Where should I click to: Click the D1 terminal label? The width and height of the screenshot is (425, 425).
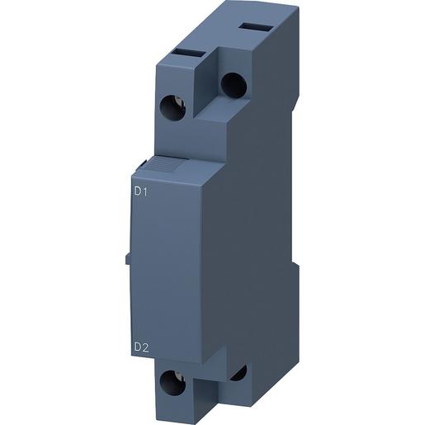point(139,192)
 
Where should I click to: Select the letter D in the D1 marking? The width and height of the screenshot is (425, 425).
point(136,192)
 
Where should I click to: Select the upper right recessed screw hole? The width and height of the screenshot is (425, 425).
point(233,84)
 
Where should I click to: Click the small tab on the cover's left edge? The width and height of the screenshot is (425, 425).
point(128,259)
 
